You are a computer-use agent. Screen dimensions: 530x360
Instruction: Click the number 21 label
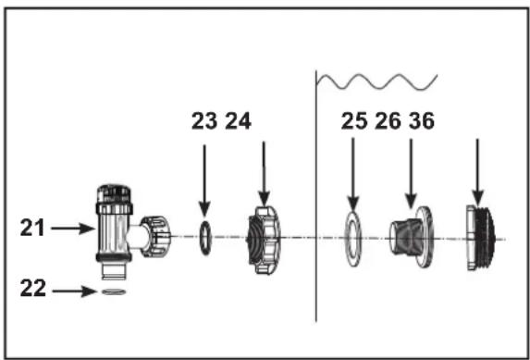point(32,228)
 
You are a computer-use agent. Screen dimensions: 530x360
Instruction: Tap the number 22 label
point(32,288)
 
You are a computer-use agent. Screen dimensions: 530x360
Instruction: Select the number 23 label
point(204,121)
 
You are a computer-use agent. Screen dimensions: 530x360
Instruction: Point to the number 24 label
point(238,121)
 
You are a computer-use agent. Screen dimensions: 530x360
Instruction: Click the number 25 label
point(354,121)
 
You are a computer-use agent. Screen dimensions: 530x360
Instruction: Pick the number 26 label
point(388,121)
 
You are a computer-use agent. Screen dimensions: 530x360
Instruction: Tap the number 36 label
point(422,121)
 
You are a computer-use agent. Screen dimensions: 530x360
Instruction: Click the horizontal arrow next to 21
point(73,228)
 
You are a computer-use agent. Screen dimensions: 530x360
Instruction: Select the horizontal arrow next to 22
point(74,291)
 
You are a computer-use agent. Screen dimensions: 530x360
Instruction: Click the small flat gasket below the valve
point(114,292)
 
